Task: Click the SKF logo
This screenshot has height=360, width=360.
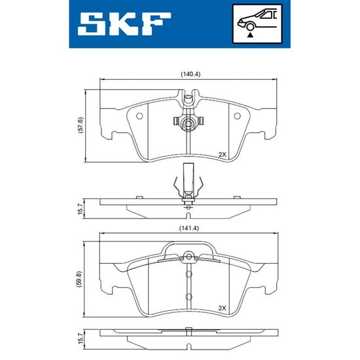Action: click(x=124, y=24)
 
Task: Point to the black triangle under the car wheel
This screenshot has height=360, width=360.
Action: click(x=250, y=35)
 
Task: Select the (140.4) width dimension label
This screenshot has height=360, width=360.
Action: click(x=190, y=75)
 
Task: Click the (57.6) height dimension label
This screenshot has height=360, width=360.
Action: click(x=81, y=126)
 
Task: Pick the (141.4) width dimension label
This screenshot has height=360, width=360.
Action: click(x=189, y=228)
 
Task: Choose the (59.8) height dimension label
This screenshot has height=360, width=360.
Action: click(x=81, y=279)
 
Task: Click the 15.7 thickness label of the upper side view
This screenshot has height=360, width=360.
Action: click(x=80, y=208)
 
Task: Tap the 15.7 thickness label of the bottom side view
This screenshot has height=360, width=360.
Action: click(x=80, y=338)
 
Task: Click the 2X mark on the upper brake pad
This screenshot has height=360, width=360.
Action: click(x=222, y=154)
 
